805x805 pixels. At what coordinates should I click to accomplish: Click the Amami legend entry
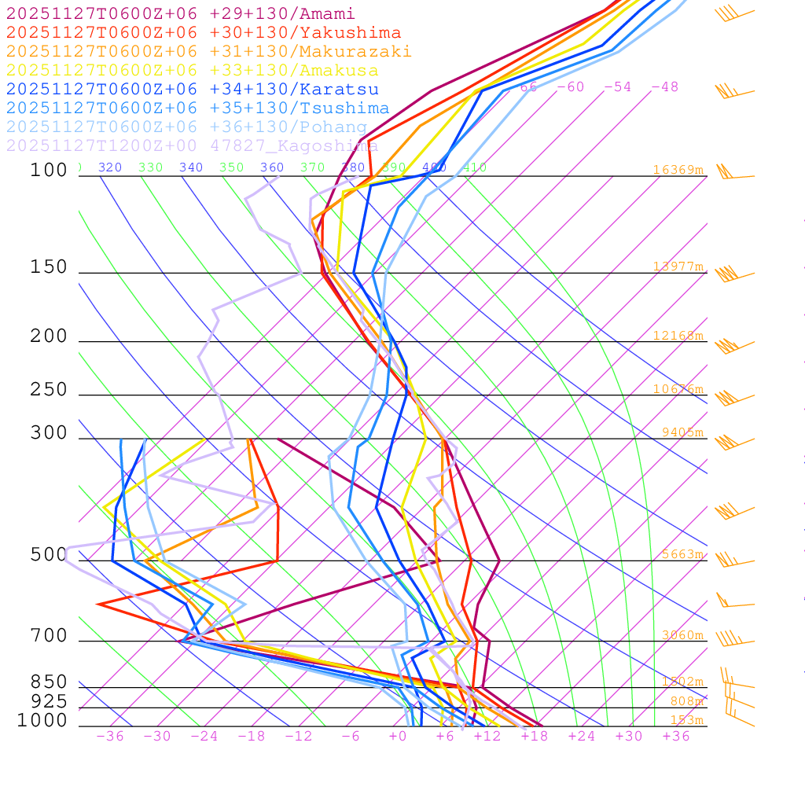[x=181, y=14]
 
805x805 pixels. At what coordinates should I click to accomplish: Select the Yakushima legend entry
[x=204, y=33]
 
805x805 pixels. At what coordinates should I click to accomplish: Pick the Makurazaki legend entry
[x=208, y=52]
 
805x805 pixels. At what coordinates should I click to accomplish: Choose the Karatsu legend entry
[x=192, y=90]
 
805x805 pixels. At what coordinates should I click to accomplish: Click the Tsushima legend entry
[x=197, y=108]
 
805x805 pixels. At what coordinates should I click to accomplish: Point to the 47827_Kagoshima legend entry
[x=192, y=146]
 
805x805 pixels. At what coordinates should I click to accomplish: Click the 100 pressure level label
[x=49, y=171]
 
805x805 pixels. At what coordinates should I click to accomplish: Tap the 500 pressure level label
[x=49, y=555]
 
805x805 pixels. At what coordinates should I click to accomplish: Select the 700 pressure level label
[x=49, y=636]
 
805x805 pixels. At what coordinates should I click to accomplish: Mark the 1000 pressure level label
[x=42, y=721]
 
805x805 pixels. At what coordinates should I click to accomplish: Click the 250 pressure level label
[x=49, y=390]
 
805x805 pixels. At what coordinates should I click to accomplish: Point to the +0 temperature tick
[x=397, y=737]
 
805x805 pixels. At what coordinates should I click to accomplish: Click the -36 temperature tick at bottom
[x=109, y=737]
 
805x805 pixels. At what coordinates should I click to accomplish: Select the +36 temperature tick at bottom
[x=675, y=737]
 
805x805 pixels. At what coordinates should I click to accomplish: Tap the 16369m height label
[x=678, y=170]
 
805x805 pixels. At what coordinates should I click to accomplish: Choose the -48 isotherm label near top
[x=664, y=87]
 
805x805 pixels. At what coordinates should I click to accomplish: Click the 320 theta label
[x=110, y=167]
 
